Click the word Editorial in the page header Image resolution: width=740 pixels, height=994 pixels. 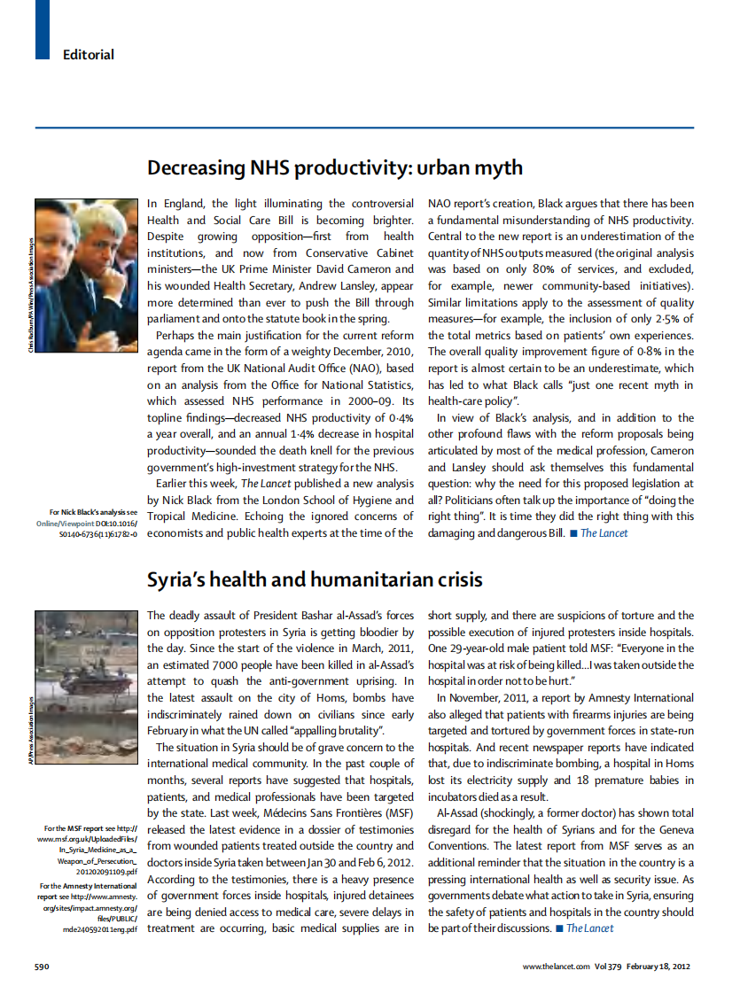point(88,55)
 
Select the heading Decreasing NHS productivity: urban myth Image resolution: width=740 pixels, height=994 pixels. point(334,167)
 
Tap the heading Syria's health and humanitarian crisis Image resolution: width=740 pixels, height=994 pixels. point(315,579)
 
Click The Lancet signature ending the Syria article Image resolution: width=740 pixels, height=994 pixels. point(589,928)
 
